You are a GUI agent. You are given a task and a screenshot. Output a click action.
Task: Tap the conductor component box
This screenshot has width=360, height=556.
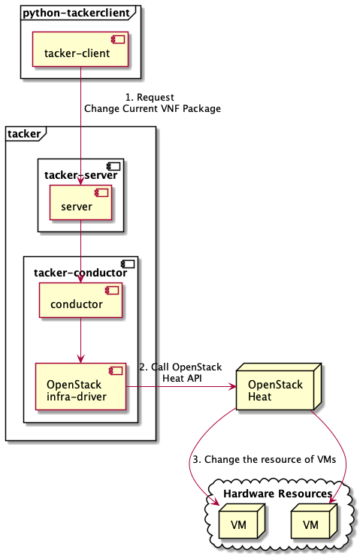(x=80, y=301)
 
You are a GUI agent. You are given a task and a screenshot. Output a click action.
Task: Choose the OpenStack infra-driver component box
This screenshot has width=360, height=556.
(x=80, y=387)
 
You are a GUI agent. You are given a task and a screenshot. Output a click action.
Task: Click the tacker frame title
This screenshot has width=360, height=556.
(x=26, y=134)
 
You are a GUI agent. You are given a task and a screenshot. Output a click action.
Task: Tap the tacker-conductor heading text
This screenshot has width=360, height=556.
(x=80, y=273)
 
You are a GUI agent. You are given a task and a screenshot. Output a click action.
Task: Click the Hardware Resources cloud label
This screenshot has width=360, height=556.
(x=277, y=494)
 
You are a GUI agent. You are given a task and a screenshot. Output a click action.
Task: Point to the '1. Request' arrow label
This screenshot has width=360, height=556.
(x=152, y=97)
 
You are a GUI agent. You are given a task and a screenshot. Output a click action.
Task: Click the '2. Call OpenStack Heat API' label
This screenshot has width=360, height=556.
(x=180, y=372)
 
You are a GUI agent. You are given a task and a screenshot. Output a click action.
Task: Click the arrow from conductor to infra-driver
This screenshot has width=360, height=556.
(x=80, y=341)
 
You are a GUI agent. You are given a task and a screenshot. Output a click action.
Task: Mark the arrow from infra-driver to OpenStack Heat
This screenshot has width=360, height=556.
(x=180, y=387)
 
